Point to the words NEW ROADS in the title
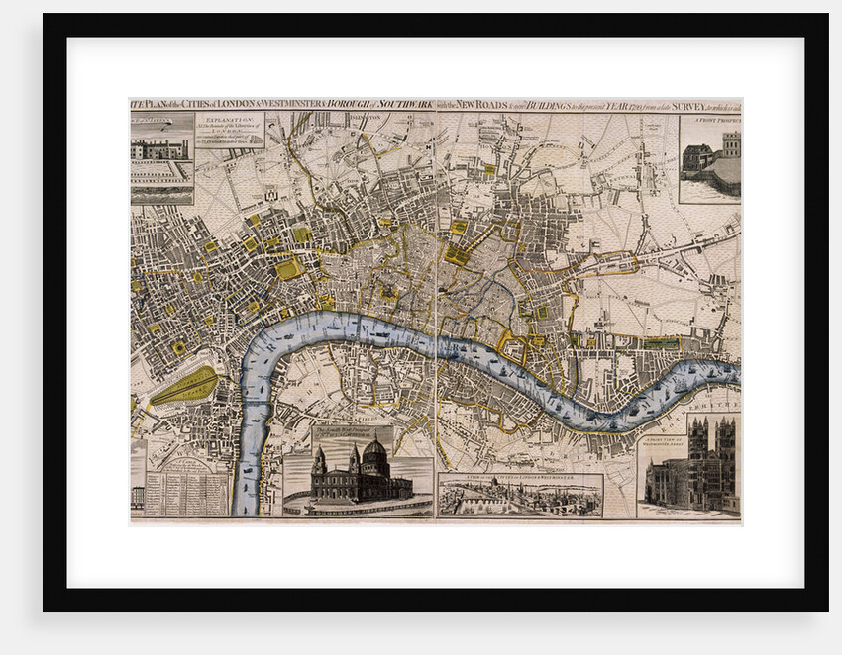[x=482, y=104]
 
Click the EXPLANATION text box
[x=230, y=130]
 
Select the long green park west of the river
[x=184, y=386]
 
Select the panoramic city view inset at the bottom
[x=520, y=497]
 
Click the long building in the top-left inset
[x=160, y=148]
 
